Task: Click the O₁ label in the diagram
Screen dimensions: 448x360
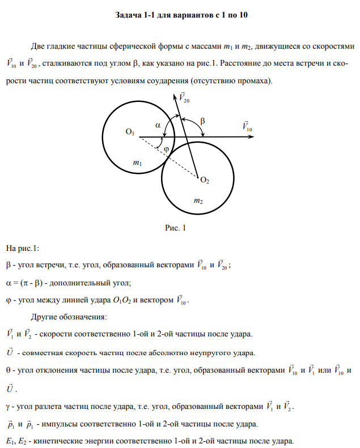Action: [x=130, y=132]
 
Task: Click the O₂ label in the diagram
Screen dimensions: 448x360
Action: [x=205, y=181]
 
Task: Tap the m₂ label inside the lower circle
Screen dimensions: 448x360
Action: [x=198, y=200]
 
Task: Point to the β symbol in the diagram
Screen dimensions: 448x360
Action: [x=203, y=121]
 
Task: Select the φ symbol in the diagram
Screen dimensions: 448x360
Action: [x=167, y=148]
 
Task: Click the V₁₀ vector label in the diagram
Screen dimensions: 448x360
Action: [x=247, y=126]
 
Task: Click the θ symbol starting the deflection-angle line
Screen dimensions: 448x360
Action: [x=8, y=370]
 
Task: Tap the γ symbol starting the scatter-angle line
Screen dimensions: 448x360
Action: [x=7, y=407]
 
